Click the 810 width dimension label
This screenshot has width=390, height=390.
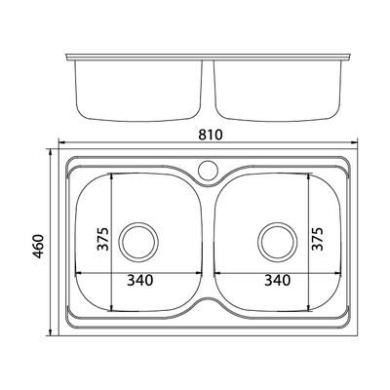(211, 135)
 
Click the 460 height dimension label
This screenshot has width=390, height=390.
(39, 246)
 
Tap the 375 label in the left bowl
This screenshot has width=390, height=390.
(103, 239)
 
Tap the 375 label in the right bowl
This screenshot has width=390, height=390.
(318, 239)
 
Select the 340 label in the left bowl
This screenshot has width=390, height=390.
(139, 280)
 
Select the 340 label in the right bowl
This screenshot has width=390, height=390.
(277, 280)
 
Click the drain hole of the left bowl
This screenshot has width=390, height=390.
(139, 241)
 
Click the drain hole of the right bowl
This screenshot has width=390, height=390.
(277, 241)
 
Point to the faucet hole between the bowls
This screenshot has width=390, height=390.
(207, 169)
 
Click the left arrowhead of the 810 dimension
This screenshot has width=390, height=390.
(60, 142)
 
